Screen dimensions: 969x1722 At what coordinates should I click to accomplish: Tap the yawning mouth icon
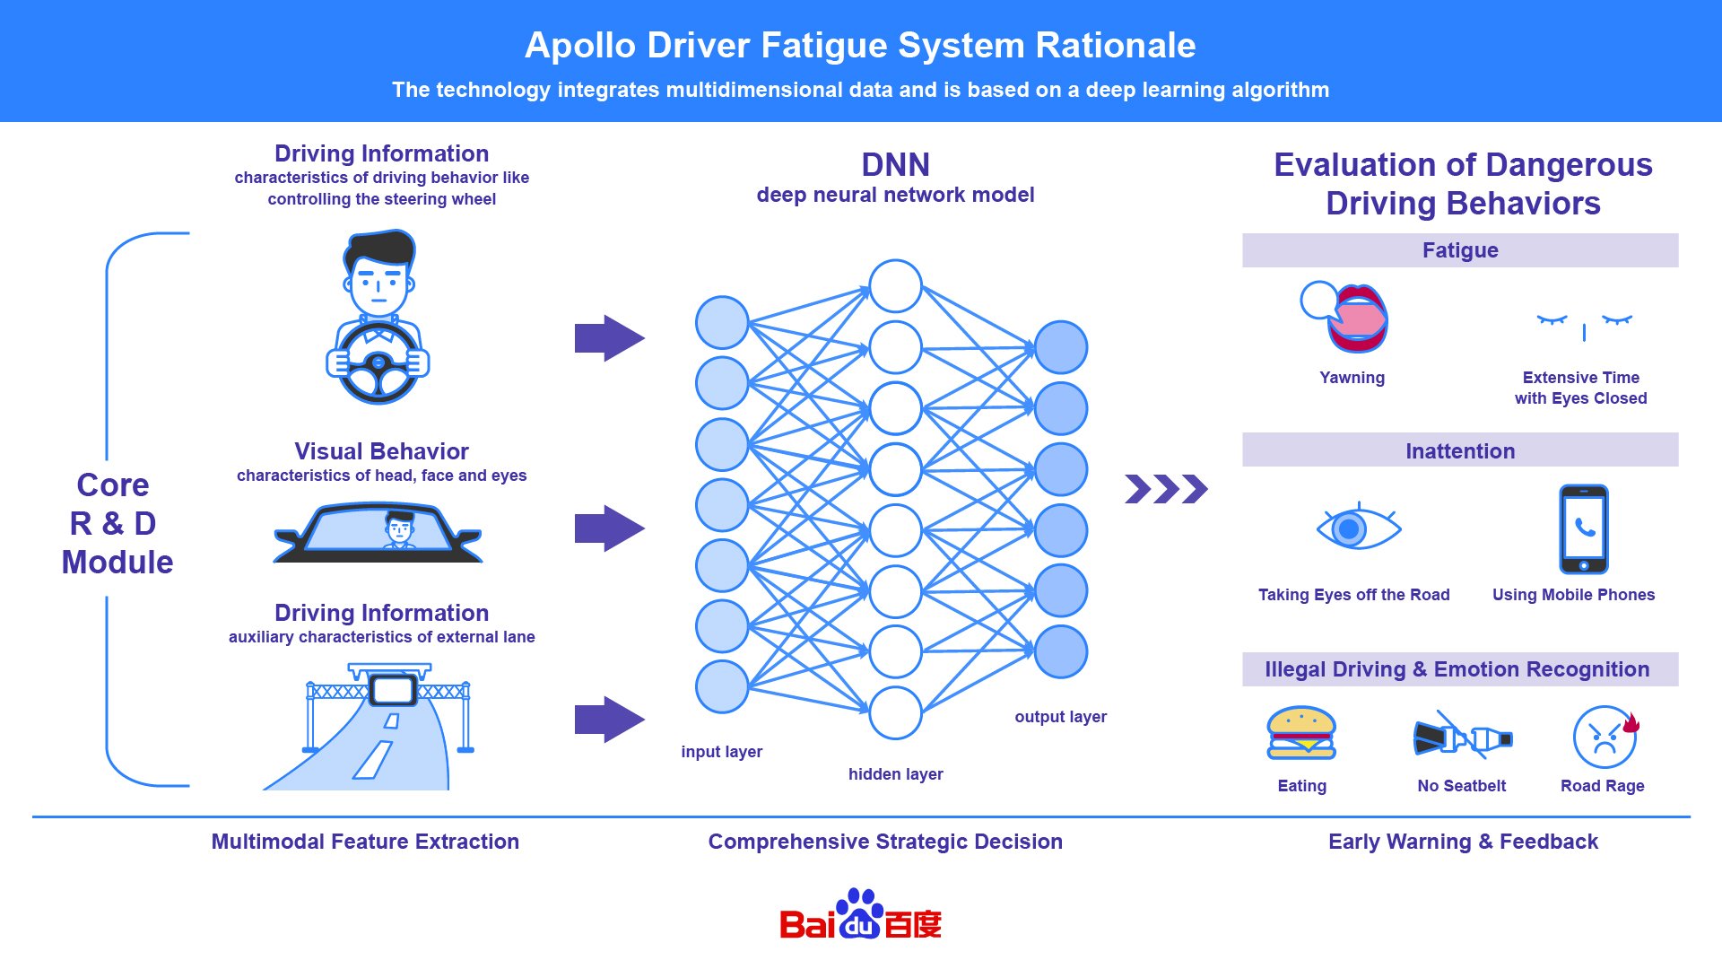[1354, 318]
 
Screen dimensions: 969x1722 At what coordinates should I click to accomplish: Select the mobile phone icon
[1583, 529]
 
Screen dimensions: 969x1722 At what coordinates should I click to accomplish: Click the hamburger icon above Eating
[1301, 733]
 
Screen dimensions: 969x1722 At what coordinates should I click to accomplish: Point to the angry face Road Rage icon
[1605, 737]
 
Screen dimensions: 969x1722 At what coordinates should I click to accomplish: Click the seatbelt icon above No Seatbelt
[1462, 738]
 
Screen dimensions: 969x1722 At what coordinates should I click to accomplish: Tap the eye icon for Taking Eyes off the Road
[1357, 528]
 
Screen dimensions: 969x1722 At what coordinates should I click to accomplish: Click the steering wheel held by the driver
[378, 363]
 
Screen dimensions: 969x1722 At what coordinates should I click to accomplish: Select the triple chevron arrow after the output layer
[1166, 489]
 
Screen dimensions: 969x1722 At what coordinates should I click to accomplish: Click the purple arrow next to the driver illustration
[609, 338]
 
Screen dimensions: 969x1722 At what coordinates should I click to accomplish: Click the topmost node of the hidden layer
[895, 286]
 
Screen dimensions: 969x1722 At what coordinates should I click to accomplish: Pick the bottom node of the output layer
[1061, 652]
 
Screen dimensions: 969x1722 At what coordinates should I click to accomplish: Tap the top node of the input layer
[722, 322]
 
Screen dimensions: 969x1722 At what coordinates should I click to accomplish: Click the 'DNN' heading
[895, 165]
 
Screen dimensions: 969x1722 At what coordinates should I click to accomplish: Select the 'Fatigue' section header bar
[1459, 250]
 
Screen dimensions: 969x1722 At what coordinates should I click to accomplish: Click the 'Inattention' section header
[1459, 450]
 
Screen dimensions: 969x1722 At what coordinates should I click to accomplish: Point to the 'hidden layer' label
[895, 773]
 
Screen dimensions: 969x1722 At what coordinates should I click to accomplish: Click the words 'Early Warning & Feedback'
[1463, 842]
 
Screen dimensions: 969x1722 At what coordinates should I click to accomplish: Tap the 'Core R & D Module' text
[116, 523]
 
